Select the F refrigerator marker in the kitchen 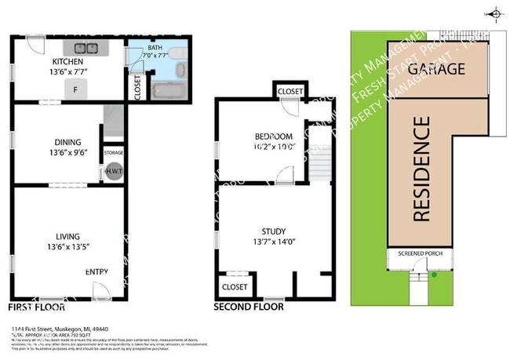pyautogui.click(x=75, y=90)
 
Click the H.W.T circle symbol pyautogui.click(x=114, y=173)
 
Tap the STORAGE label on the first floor pyautogui.click(x=114, y=152)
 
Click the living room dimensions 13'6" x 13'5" pyautogui.click(x=67, y=246)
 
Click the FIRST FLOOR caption pyautogui.click(x=36, y=307)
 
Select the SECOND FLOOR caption pyautogui.click(x=249, y=307)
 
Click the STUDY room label pyautogui.click(x=273, y=231)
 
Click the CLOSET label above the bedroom pyautogui.click(x=290, y=92)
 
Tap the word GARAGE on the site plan pyautogui.click(x=437, y=68)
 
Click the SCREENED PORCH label pyautogui.click(x=420, y=253)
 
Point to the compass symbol pyautogui.click(x=494, y=13)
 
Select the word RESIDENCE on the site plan pyautogui.click(x=421, y=169)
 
